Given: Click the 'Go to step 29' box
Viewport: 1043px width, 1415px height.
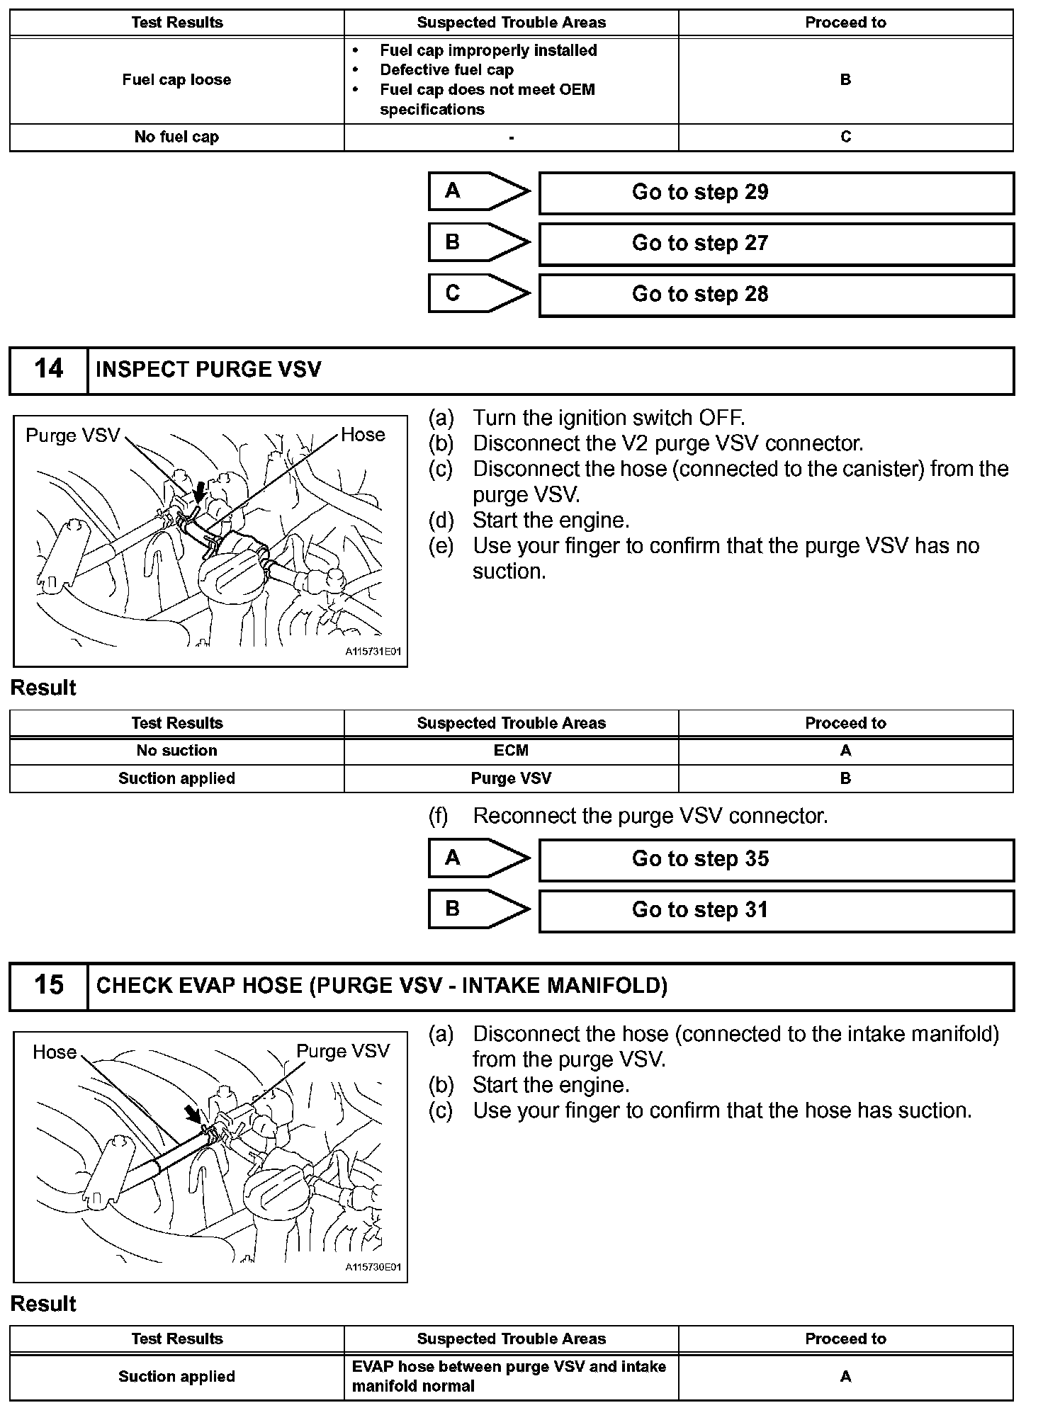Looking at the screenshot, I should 776,193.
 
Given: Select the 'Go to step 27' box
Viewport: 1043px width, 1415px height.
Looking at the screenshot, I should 776,244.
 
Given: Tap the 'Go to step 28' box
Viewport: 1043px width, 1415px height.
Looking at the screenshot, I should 776,295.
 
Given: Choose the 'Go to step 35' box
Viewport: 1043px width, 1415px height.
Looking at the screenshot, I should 776,860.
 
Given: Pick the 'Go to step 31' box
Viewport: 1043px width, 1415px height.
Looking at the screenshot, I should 776,911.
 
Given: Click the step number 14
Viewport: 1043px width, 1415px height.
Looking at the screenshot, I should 48,370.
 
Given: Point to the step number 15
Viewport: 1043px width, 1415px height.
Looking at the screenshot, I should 48,986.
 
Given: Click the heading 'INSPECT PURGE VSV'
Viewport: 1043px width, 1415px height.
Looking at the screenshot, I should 208,370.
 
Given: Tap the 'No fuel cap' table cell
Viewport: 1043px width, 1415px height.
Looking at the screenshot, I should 176,137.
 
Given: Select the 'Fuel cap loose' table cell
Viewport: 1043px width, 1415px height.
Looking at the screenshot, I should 176,80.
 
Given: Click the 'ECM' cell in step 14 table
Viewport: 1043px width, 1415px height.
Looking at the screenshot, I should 511,751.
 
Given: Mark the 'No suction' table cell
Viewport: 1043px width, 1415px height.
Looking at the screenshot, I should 176,751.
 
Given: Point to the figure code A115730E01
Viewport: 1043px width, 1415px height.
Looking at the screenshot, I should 373,1267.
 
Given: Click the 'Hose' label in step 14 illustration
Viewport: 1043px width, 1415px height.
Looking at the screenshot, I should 363,434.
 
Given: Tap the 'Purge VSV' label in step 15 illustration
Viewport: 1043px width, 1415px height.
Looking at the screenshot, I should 343,1051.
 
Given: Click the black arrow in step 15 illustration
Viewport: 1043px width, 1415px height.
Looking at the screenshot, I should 192,1113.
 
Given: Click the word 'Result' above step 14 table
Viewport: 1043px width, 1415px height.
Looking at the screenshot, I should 43,688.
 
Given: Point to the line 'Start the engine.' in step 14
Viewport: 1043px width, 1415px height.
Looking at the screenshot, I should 551,521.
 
